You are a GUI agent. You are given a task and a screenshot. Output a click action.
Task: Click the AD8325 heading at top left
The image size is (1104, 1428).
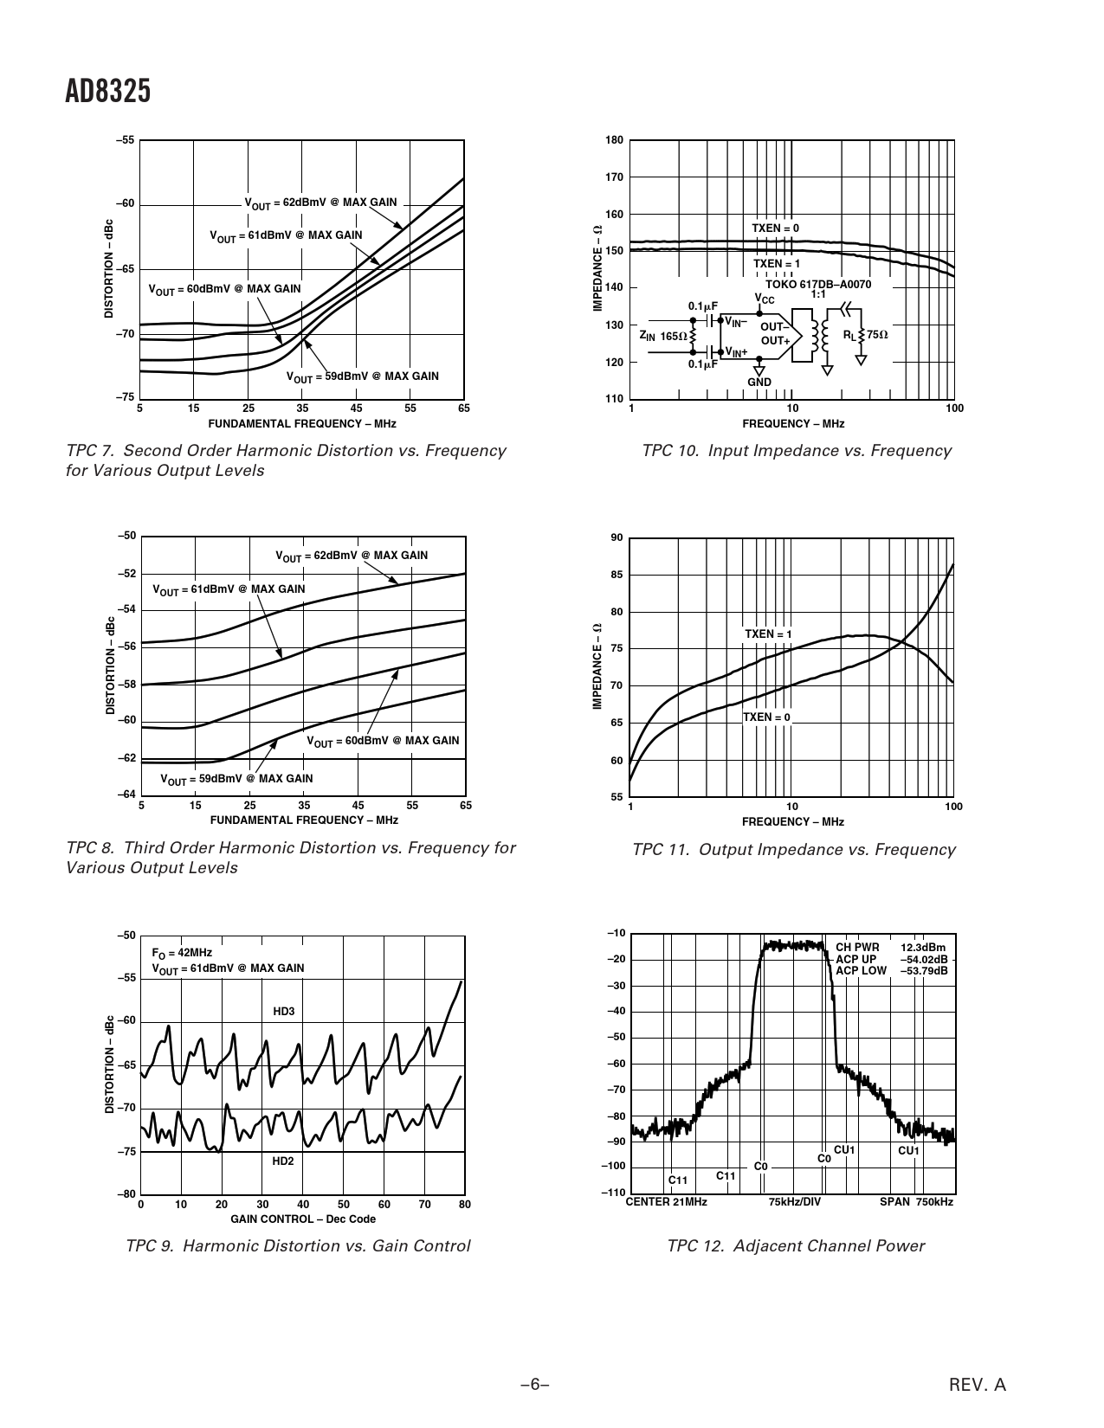pyautogui.click(x=107, y=91)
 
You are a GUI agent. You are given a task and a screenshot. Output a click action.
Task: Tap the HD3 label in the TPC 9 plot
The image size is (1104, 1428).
pyautogui.click(x=283, y=1011)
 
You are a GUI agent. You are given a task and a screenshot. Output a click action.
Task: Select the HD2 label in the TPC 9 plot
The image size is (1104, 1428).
pyautogui.click(x=283, y=1161)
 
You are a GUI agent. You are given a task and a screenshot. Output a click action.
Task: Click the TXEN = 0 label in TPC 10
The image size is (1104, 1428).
pyautogui.click(x=775, y=228)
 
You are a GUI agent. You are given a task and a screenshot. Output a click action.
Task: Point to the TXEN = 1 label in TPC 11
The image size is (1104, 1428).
pyautogui.click(x=768, y=634)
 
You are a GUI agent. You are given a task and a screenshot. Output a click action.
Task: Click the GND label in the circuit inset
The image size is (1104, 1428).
pyautogui.click(x=759, y=382)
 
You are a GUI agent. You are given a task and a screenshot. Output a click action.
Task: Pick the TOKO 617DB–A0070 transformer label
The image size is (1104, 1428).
pyautogui.click(x=818, y=285)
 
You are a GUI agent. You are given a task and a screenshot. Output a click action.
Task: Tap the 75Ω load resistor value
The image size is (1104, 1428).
pyautogui.click(x=878, y=335)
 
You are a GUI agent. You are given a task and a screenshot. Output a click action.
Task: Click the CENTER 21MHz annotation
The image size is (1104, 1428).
pyautogui.click(x=666, y=1201)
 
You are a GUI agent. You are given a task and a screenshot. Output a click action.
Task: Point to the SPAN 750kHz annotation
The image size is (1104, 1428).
pyautogui.click(x=916, y=1201)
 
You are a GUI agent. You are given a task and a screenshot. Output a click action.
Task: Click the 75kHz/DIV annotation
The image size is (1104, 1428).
pyautogui.click(x=794, y=1201)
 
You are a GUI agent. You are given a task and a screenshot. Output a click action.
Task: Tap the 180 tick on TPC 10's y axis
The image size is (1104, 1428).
pyautogui.click(x=614, y=140)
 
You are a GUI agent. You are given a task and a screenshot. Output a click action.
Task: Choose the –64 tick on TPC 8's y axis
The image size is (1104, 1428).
pyautogui.click(x=126, y=794)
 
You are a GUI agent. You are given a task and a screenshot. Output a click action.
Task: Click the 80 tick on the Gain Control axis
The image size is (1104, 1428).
pyautogui.click(x=465, y=1204)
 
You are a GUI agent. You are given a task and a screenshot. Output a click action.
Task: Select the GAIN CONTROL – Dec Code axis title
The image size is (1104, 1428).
pyautogui.click(x=303, y=1219)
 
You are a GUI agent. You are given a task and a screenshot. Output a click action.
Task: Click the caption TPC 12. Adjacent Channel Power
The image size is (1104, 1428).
pyautogui.click(x=795, y=1245)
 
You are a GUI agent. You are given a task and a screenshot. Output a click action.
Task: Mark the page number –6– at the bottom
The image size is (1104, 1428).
pyautogui.click(x=535, y=1384)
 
